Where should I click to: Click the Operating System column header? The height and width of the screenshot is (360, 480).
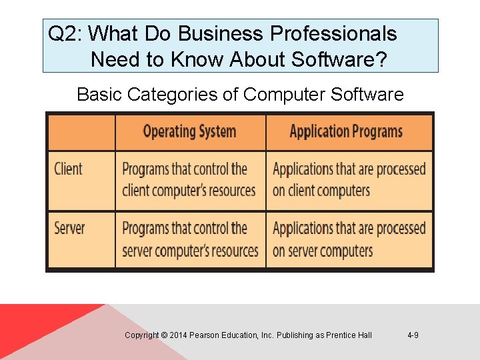[189, 131]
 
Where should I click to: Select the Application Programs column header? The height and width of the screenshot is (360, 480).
[346, 131]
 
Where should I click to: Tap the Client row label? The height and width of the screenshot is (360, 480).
[68, 169]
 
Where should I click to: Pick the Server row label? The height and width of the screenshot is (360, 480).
[69, 228]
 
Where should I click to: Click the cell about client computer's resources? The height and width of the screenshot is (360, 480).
[189, 180]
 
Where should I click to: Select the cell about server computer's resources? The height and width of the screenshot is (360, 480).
[190, 240]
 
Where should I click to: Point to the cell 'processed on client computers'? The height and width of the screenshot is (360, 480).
[349, 180]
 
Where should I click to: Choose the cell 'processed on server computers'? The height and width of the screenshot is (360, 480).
[349, 240]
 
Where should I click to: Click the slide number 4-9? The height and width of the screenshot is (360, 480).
[413, 335]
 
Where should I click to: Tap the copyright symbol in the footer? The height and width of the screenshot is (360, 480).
[164, 335]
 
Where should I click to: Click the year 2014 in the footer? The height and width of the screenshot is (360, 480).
[178, 335]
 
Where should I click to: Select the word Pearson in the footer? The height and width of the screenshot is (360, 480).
[204, 335]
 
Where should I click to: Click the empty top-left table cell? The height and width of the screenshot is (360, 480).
[81, 131]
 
